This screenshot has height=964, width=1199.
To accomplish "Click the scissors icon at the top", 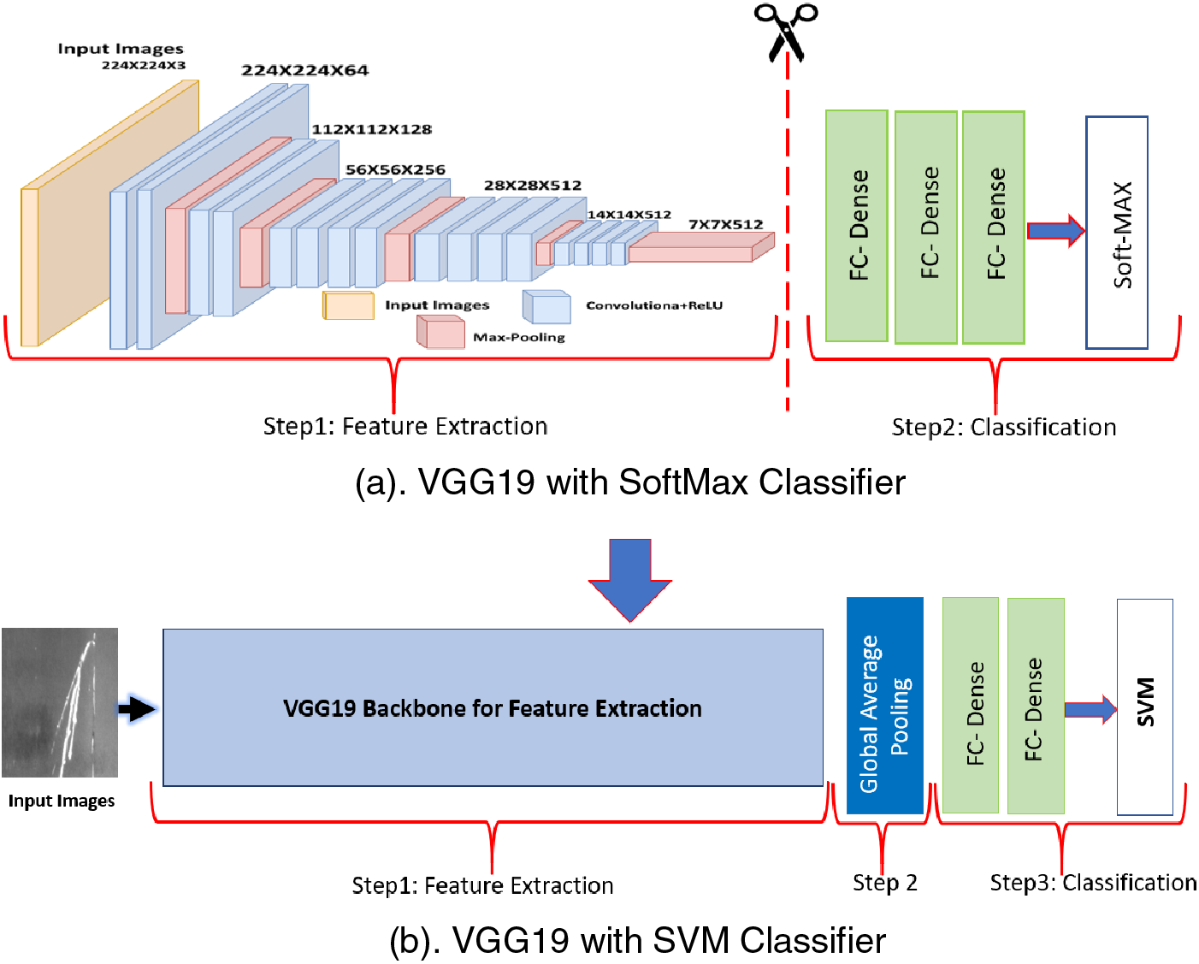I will (786, 32).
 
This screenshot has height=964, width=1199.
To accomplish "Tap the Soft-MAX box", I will (1116, 233).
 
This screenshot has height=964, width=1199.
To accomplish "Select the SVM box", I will (1144, 707).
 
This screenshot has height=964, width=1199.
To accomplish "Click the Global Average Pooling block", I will (884, 706).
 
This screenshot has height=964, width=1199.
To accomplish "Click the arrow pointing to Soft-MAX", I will (1055, 230).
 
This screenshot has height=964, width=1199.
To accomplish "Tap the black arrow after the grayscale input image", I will (137, 708).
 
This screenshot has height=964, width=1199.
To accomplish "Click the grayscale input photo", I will (60, 702).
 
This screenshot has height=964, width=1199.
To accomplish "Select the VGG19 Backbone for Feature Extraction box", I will (493, 707).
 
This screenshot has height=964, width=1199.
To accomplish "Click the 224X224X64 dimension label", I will (304, 70).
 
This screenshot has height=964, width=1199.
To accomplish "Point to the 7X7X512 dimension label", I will (725, 224).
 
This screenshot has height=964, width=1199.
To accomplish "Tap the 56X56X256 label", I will (395, 169).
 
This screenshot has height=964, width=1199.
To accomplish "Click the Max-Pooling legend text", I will (518, 337).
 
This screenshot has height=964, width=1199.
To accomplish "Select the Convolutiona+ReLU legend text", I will (653, 305).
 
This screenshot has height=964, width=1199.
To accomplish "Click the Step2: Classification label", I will (1003, 427).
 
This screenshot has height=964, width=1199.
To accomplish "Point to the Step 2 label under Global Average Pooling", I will (884, 883).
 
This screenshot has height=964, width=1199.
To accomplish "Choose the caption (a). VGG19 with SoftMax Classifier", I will (629, 482).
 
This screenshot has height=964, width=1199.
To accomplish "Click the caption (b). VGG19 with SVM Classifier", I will (637, 940).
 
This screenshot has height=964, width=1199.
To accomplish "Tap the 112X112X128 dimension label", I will (371, 129).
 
